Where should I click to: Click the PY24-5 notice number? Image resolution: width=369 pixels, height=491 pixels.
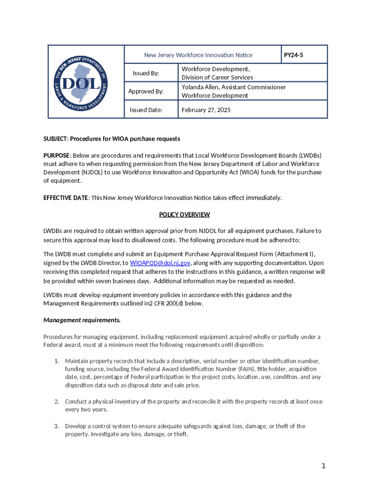pos(293,55)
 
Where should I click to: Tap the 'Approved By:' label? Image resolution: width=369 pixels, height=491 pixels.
pos(146,91)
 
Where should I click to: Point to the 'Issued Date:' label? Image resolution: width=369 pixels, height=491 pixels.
pos(146,110)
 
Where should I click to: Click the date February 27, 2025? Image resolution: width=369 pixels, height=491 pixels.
pos(206,110)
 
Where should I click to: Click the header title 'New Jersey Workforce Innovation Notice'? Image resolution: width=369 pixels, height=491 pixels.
pos(198,55)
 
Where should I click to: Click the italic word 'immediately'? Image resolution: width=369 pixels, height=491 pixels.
pos(263,197)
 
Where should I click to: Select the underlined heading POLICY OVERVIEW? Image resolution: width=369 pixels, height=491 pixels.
pos(184,214)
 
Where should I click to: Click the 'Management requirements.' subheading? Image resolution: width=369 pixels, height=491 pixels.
pos(82,319)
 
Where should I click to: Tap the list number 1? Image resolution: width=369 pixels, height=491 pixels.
pos(56,361)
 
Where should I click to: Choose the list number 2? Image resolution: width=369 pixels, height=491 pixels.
pos(56,401)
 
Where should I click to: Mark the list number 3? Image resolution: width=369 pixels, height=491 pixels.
pos(56,426)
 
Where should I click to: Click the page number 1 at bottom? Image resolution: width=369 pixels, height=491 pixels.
pos(324,466)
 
